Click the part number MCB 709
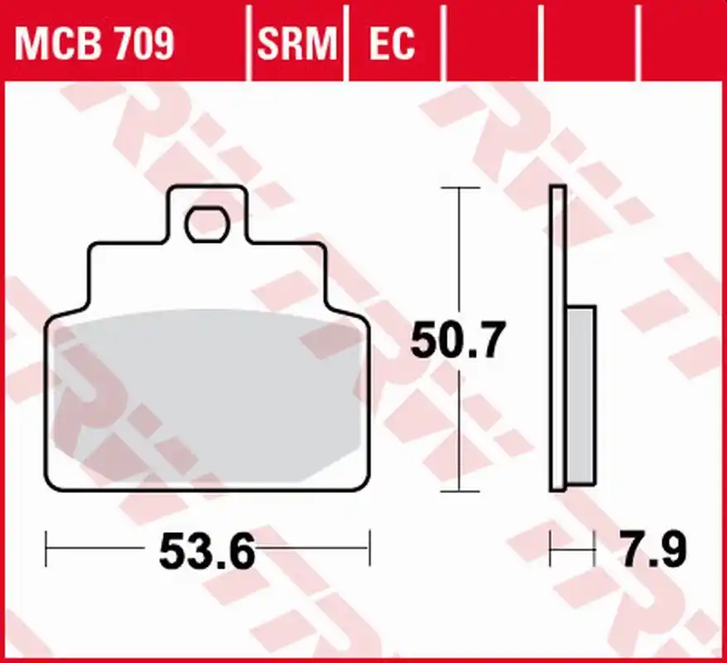point(95,44)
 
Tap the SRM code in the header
point(298,44)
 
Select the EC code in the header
point(392,44)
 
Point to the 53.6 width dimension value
point(207,551)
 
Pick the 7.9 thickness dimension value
point(654,549)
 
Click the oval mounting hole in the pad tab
point(207,225)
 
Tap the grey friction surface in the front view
point(207,396)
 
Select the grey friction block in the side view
point(581,395)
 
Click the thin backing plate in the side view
point(558,338)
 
